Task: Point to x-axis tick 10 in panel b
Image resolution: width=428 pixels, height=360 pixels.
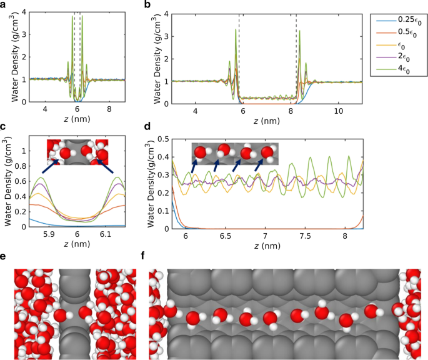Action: click(x=338, y=111)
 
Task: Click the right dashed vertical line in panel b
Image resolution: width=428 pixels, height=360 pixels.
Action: click(x=296, y=56)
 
